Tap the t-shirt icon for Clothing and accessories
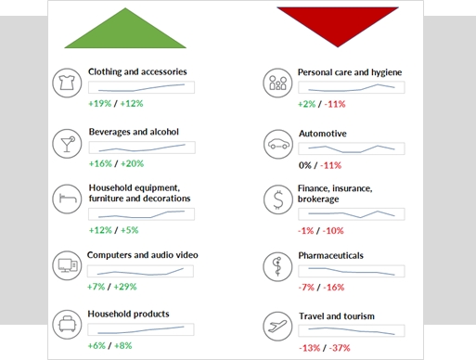(x=67, y=83)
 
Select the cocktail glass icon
(x=67, y=144)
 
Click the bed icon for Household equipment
(x=67, y=199)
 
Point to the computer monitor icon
(x=67, y=265)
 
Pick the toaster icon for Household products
(x=67, y=325)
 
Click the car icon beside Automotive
(x=278, y=144)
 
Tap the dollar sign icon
(x=278, y=199)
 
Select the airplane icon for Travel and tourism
(x=277, y=326)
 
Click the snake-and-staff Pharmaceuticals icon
(x=277, y=266)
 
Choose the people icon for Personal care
(x=277, y=83)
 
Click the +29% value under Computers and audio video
(x=125, y=287)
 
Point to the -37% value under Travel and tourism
(x=340, y=348)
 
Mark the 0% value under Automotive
(x=305, y=165)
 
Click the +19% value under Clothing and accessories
(x=100, y=103)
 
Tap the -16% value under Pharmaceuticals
(x=334, y=288)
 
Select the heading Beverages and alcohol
(x=134, y=132)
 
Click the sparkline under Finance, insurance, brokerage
(x=352, y=214)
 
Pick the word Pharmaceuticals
(x=330, y=255)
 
